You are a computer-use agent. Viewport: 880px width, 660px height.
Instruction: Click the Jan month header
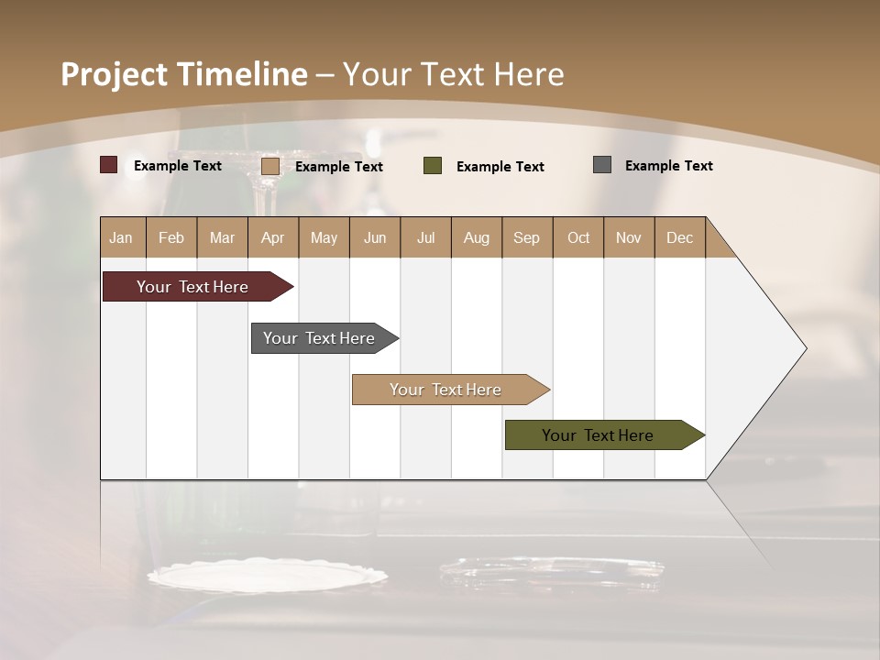[122, 237]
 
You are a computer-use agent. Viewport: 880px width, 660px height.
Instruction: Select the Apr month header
[273, 237]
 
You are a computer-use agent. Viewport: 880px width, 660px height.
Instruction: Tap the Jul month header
[425, 237]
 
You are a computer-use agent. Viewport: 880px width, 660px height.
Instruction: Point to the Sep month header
[526, 237]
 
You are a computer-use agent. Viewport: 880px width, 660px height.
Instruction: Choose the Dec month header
[679, 237]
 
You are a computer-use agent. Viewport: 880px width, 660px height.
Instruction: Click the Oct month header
[577, 237]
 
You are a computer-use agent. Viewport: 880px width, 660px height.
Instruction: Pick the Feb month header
[171, 237]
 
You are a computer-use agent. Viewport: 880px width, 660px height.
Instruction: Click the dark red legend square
[108, 165]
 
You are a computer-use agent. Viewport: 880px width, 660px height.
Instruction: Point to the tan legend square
[269, 166]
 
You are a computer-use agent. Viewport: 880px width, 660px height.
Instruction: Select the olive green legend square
[432, 165]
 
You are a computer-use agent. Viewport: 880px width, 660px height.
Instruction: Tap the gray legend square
[601, 165]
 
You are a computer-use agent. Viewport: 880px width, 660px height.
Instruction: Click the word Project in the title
[114, 74]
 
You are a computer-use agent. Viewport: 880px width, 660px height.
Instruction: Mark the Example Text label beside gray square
[668, 165]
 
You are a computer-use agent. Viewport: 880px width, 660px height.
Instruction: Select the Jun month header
[374, 237]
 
